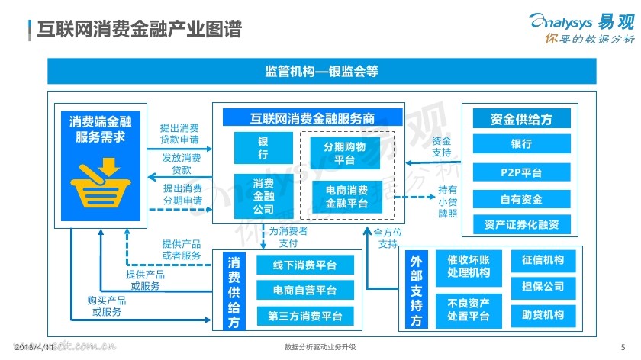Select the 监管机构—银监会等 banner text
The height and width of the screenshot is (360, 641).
pyautogui.click(x=321, y=72)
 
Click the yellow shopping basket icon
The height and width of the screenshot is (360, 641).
pyautogui.click(x=100, y=182)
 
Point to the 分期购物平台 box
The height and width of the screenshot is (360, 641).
pyautogui.click(x=344, y=153)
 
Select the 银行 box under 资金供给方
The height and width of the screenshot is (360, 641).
pyautogui.click(x=521, y=143)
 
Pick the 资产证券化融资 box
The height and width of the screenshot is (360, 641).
pyautogui.click(x=521, y=224)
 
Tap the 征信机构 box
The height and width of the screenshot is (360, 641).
pyautogui.click(x=543, y=260)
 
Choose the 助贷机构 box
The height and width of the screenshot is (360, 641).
pyautogui.click(x=543, y=314)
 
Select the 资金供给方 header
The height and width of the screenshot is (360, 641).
pyautogui.click(x=521, y=119)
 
